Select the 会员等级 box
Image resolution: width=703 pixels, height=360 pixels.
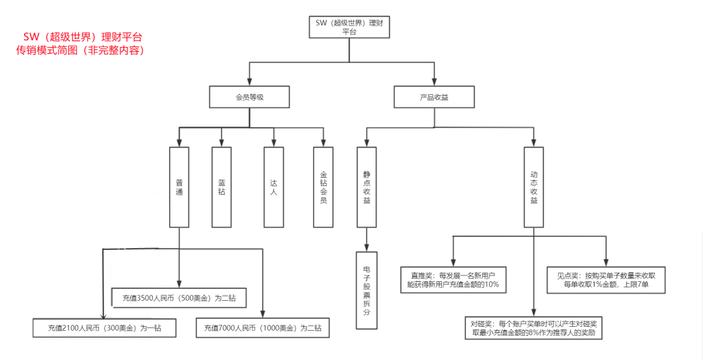[x=249, y=97]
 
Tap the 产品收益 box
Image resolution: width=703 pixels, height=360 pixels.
[x=434, y=97]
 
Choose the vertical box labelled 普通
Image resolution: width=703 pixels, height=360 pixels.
[x=179, y=187]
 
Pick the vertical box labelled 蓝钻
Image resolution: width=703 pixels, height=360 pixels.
[x=222, y=187]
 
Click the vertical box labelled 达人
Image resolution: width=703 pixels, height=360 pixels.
[x=274, y=187]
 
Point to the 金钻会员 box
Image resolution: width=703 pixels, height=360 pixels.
[x=324, y=187]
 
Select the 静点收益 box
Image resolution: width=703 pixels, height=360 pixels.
[x=367, y=187]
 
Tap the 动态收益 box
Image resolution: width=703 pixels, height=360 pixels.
[x=534, y=187]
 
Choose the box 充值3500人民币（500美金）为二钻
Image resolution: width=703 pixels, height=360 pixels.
[x=179, y=298]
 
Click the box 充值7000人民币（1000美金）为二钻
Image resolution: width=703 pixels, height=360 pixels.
[x=262, y=328]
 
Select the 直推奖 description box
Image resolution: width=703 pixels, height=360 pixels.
[x=452, y=279]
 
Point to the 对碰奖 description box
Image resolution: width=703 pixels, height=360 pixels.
[x=534, y=327]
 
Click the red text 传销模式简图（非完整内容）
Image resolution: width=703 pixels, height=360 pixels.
[x=79, y=51]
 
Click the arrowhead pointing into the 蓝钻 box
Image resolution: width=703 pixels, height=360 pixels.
[x=222, y=142]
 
